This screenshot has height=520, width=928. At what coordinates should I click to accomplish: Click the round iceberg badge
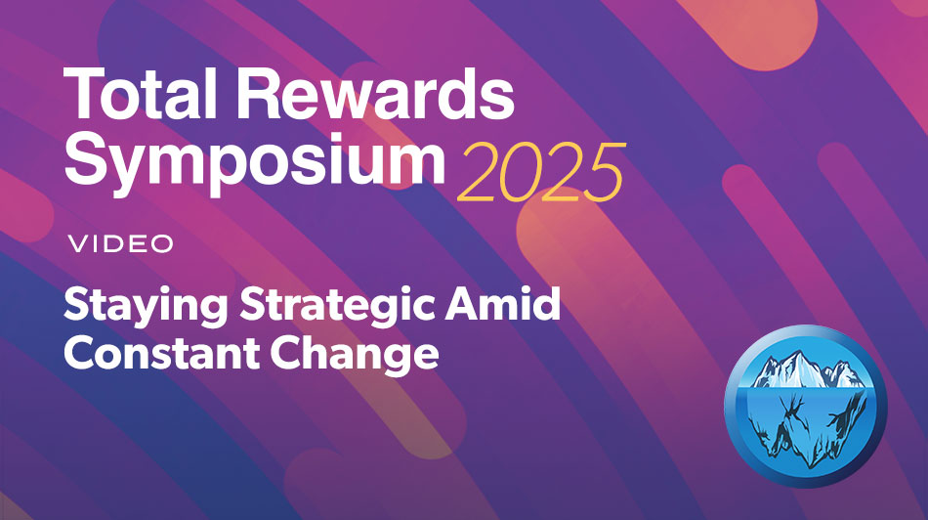tap(805, 402)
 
